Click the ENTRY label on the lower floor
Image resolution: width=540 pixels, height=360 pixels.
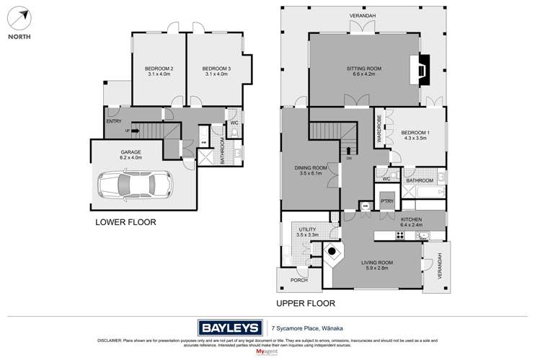(114, 121)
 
